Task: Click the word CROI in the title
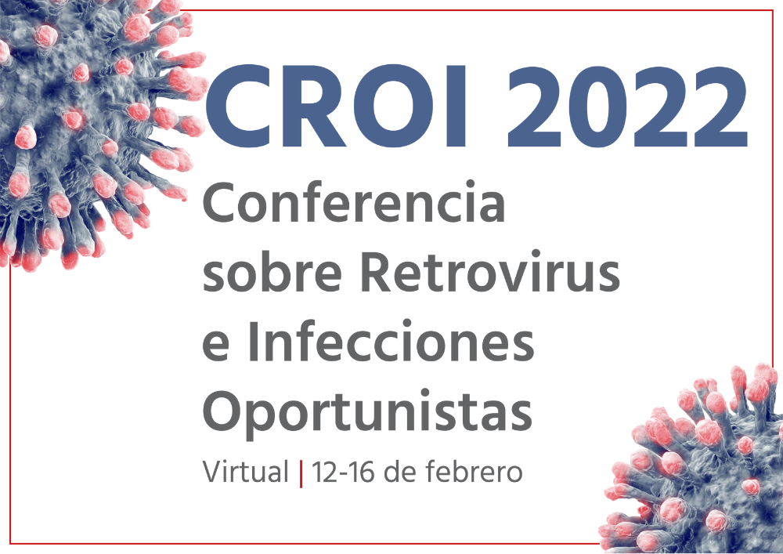pos(336,107)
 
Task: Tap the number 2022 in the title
pos(628,107)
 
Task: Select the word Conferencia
pos(354,202)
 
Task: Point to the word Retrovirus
pos(490,271)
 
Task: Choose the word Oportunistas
pos(367,412)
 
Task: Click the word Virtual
pos(246,472)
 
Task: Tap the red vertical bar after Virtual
pos(301,473)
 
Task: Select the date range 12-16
pos(343,472)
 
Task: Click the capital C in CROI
pos(240,107)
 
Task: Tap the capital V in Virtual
pos(213,472)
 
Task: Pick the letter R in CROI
pos(316,107)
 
